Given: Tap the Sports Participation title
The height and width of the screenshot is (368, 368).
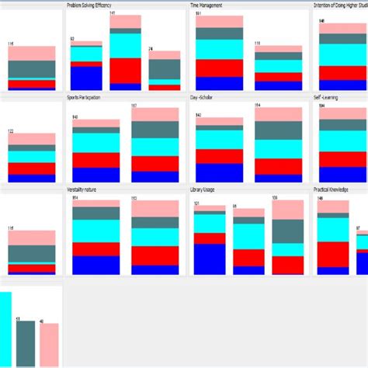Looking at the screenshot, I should click(x=89, y=98).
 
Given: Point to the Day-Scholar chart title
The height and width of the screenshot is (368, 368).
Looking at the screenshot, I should click(x=205, y=98).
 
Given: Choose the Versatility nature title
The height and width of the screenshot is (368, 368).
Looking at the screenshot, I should click(x=89, y=189).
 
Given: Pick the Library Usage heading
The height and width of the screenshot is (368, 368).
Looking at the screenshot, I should click(x=204, y=189).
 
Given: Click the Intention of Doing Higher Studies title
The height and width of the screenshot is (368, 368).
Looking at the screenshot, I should click(x=340, y=5).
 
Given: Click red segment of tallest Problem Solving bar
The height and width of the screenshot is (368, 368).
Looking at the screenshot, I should click(x=125, y=70).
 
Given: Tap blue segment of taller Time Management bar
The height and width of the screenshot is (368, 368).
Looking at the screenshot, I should click(x=219, y=84).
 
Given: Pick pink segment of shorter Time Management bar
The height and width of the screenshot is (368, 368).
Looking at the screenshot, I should click(x=278, y=49).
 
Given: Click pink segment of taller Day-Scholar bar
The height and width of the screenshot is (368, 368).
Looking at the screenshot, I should click(x=278, y=113).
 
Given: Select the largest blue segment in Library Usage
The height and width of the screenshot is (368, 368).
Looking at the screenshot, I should click(x=209, y=259).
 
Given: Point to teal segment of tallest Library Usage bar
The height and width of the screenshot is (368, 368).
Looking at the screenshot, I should click(x=288, y=231).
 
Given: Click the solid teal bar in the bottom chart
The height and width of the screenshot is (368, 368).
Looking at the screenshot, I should click(x=26, y=343).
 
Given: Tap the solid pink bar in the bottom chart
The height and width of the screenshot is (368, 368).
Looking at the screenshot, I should click(x=49, y=345).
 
